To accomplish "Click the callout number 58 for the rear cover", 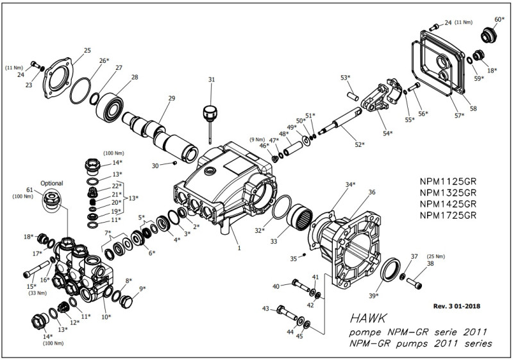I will click(473, 108).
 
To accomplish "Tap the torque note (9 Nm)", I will click(256, 139).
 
